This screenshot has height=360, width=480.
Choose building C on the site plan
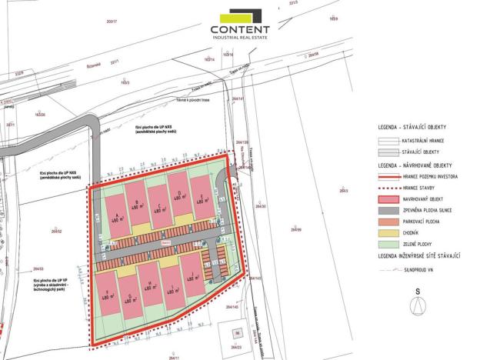point(159,204)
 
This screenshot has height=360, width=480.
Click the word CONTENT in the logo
point(240,30)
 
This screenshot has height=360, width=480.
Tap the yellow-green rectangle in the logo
point(235,16)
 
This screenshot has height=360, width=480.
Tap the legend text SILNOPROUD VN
point(422,270)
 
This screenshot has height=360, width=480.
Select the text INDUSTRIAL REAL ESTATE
point(240,38)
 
